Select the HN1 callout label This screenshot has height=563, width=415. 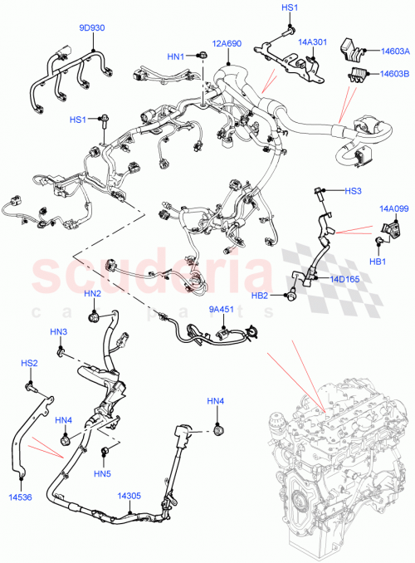(175, 56)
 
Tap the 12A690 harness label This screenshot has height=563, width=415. (225, 43)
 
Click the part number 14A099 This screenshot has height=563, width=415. (393, 209)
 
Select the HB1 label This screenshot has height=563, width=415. (378, 262)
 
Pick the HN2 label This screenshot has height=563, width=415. (93, 294)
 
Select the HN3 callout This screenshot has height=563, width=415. (58, 332)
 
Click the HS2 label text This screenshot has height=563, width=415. (29, 363)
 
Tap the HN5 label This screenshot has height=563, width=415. (102, 474)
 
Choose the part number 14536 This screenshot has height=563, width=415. (20, 497)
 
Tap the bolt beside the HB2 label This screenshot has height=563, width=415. (290, 295)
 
